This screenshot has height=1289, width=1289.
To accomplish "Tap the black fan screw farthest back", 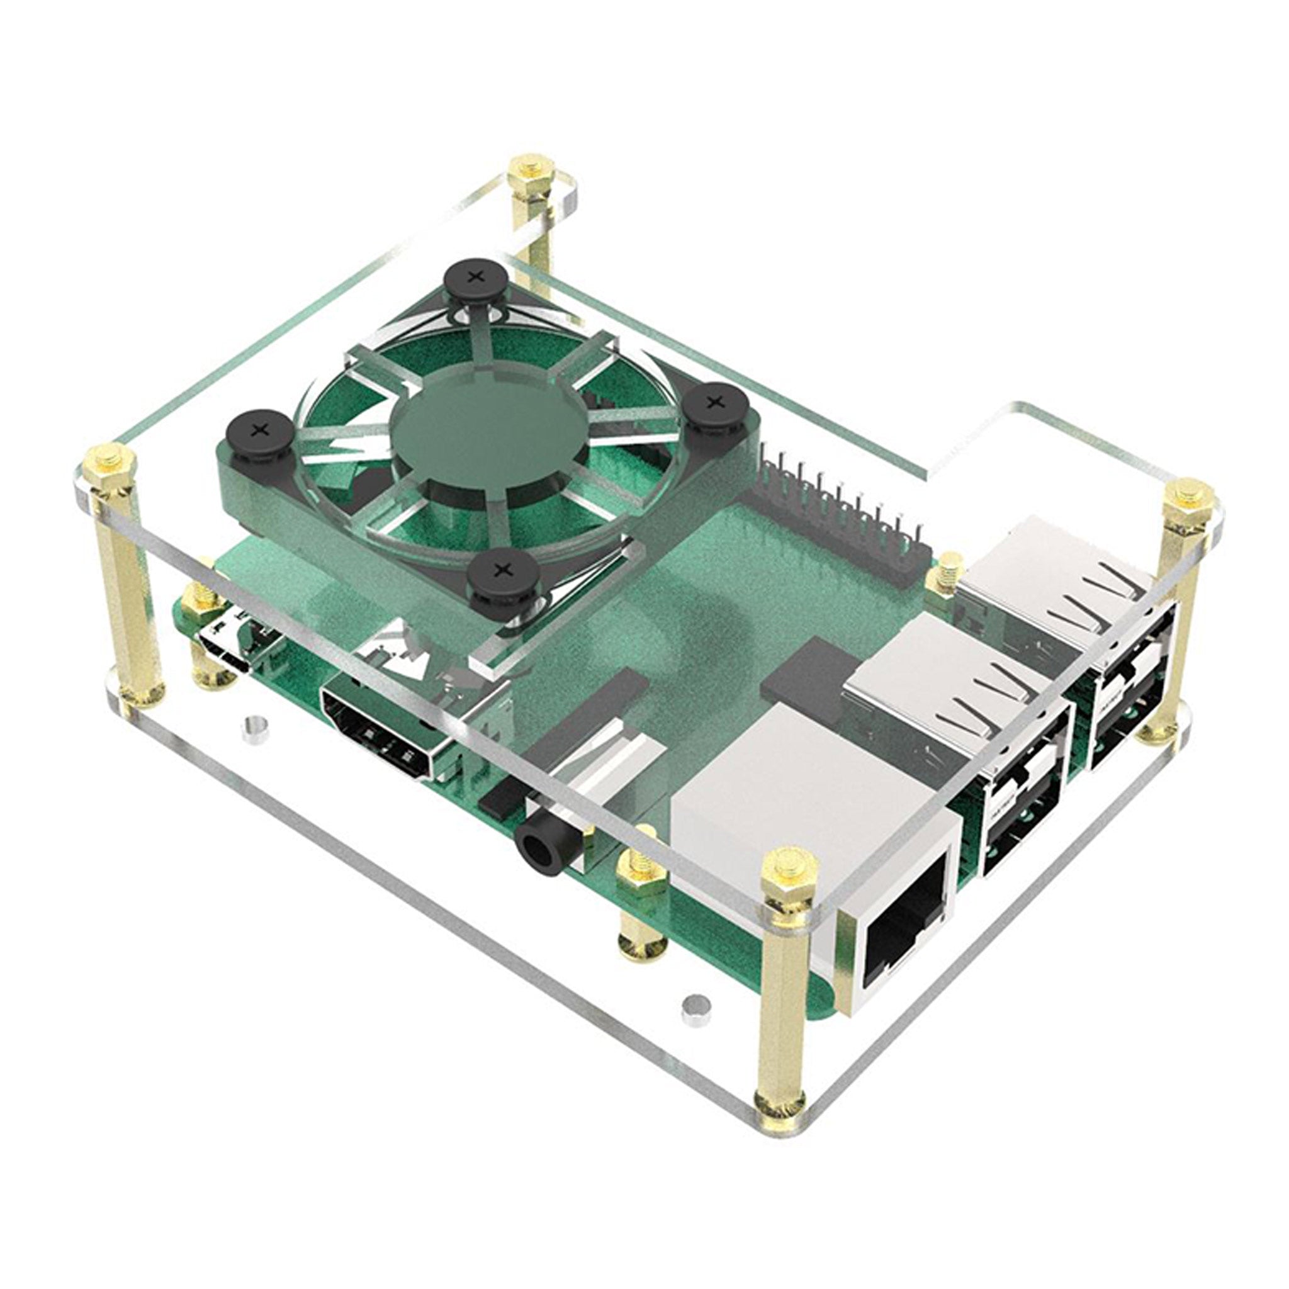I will tap(475, 277).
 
